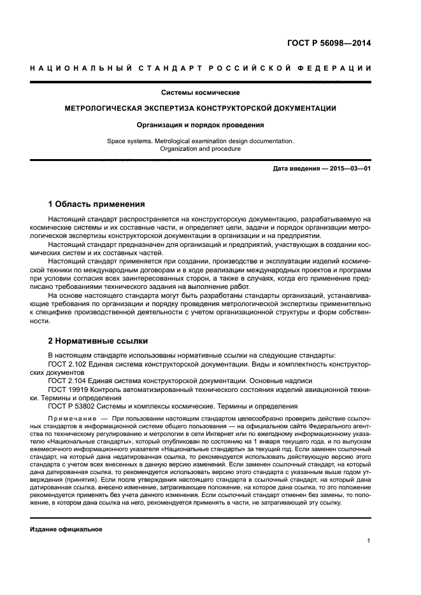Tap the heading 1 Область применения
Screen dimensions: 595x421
tap(96, 204)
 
